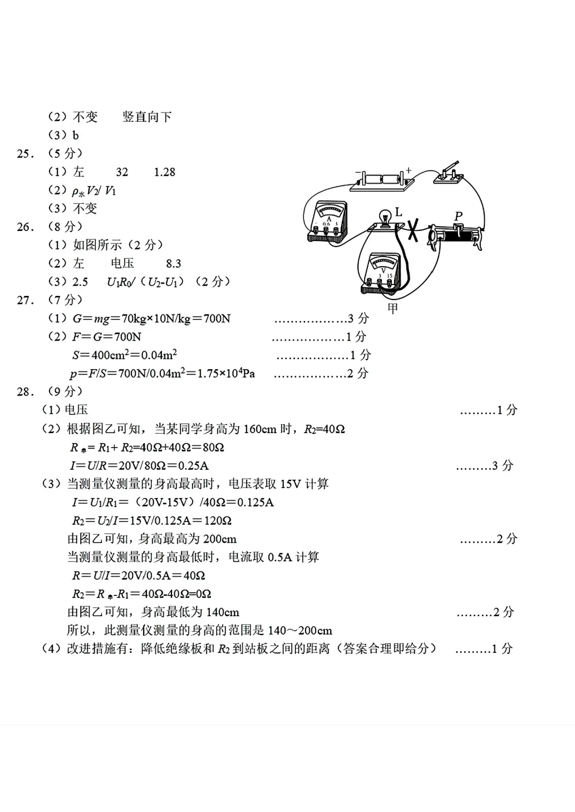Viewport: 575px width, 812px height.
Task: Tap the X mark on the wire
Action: click(x=412, y=230)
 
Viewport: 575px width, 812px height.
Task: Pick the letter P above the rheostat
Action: click(x=458, y=216)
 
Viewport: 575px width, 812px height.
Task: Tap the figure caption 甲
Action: click(x=393, y=309)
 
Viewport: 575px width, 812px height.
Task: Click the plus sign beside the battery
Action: click(x=409, y=170)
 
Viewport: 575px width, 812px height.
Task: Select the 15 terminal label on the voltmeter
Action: click(x=391, y=276)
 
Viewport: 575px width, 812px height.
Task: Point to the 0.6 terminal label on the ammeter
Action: click(x=326, y=224)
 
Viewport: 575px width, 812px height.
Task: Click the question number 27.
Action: click(x=26, y=300)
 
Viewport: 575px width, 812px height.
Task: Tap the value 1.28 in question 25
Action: click(x=165, y=172)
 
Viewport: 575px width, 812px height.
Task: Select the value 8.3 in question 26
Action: click(x=174, y=264)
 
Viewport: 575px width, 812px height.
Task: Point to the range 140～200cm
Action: click(x=300, y=631)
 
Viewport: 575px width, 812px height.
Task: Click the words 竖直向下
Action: click(x=147, y=117)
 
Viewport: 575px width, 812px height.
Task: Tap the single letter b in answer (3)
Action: click(x=76, y=136)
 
